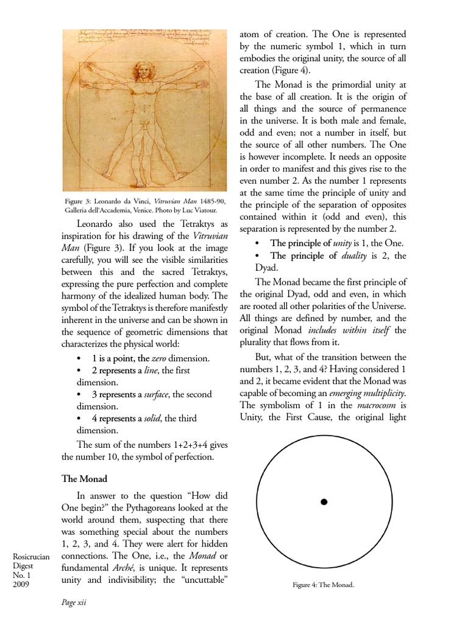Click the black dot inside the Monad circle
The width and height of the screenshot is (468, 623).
(x=324, y=502)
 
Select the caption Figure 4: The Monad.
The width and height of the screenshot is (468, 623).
(x=324, y=585)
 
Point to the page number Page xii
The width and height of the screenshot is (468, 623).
(x=74, y=602)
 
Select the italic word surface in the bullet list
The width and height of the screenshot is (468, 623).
(x=156, y=394)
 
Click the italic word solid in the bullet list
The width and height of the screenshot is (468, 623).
(x=151, y=418)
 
